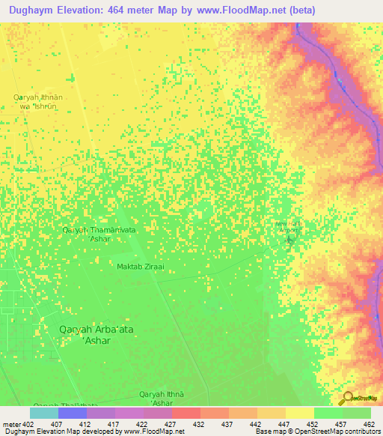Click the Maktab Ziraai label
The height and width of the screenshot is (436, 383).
point(140,267)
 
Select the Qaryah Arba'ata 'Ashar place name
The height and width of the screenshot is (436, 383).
point(96,334)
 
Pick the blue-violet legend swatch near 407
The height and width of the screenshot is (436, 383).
point(73,413)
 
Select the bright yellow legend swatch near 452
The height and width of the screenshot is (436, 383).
point(299,413)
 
